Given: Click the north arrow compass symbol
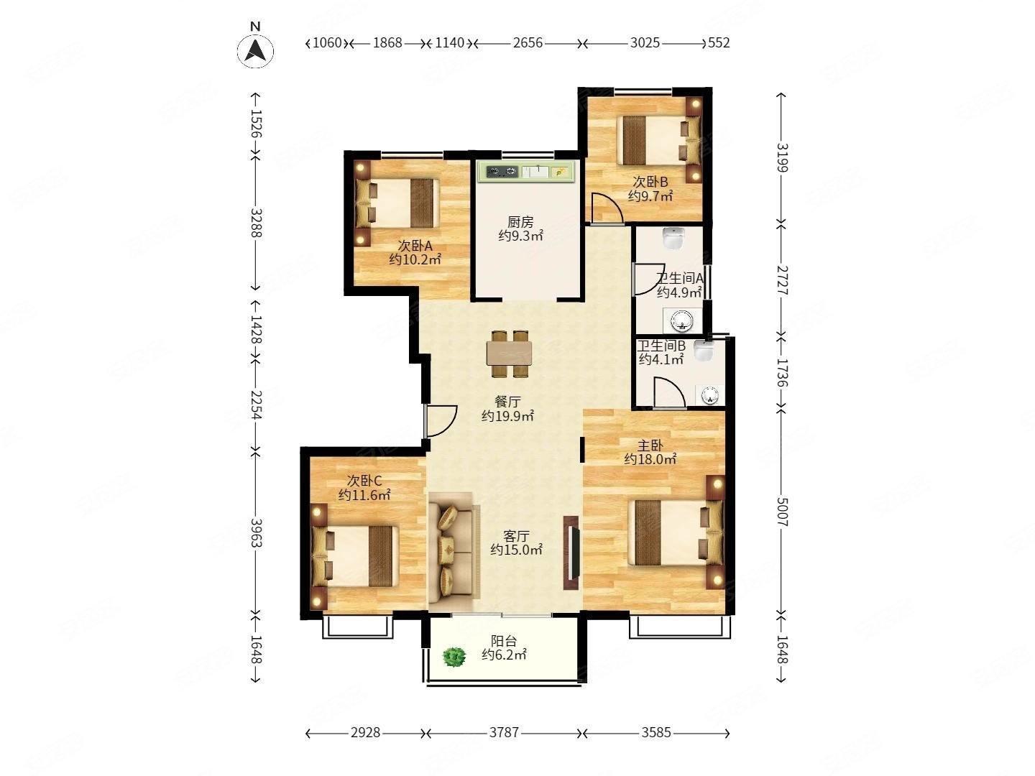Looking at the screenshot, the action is (x=255, y=50).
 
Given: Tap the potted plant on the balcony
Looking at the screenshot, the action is (x=454, y=657).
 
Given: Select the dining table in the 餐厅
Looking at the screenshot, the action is (x=510, y=354).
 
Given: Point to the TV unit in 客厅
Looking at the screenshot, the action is (x=571, y=553).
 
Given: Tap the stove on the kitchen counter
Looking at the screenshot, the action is (x=502, y=172).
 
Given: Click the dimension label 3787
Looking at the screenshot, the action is (x=504, y=732).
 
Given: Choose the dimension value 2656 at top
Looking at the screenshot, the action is (x=528, y=43).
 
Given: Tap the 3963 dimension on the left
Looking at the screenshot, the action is (x=256, y=533).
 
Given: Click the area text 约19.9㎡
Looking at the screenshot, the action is (x=507, y=416).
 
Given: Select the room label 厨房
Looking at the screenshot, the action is (x=520, y=221).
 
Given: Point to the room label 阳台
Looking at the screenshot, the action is (x=504, y=641).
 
